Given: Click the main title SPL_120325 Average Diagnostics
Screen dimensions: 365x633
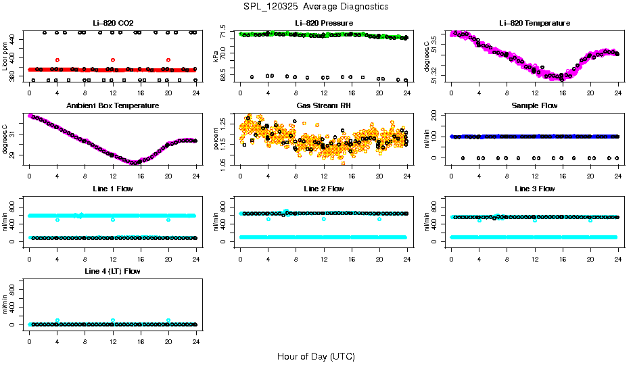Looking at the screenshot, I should click(x=316, y=6).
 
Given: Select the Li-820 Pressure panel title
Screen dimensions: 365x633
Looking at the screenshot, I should click(x=324, y=23).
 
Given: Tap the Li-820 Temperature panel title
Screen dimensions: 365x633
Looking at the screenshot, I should click(x=534, y=23).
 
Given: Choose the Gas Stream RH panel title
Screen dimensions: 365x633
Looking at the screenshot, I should click(x=324, y=105).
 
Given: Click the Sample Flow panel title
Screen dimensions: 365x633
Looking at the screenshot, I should click(x=534, y=105).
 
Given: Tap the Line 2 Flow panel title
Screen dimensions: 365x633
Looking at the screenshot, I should click(x=324, y=189).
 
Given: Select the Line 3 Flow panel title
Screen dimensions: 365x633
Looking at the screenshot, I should click(x=534, y=189).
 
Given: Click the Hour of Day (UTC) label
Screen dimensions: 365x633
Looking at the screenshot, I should click(x=316, y=356).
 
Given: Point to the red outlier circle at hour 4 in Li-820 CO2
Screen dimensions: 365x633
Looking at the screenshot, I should click(x=57, y=60).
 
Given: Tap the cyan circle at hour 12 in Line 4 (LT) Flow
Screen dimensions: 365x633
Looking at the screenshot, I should click(x=113, y=320).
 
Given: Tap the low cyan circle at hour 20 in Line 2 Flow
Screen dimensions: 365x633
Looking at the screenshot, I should click(x=379, y=219).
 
